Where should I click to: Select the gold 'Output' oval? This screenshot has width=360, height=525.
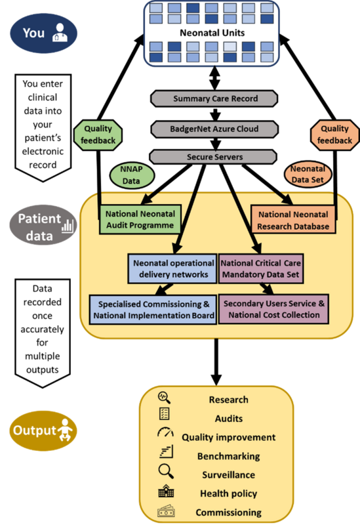(43, 432)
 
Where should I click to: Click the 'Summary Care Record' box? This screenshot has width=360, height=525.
(215, 98)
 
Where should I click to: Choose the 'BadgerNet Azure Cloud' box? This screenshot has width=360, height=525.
(215, 128)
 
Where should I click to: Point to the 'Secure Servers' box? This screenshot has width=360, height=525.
(215, 157)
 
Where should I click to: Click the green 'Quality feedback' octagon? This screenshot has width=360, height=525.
(99, 135)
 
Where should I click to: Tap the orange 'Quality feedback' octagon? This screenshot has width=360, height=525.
(334, 135)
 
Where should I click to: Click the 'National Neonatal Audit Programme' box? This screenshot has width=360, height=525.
(140, 220)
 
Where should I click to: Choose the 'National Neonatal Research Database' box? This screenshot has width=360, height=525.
(293, 220)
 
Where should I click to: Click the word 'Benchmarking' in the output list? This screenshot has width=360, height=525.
(229, 456)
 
